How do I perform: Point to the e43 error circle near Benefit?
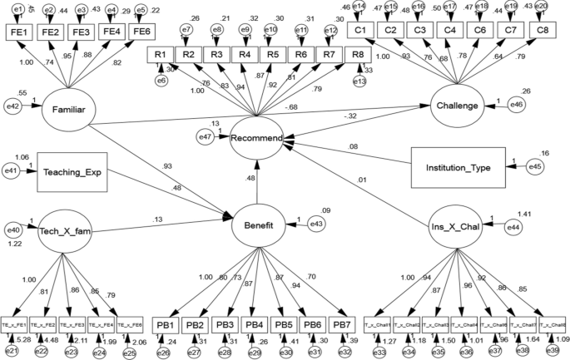(x=317, y=224)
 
